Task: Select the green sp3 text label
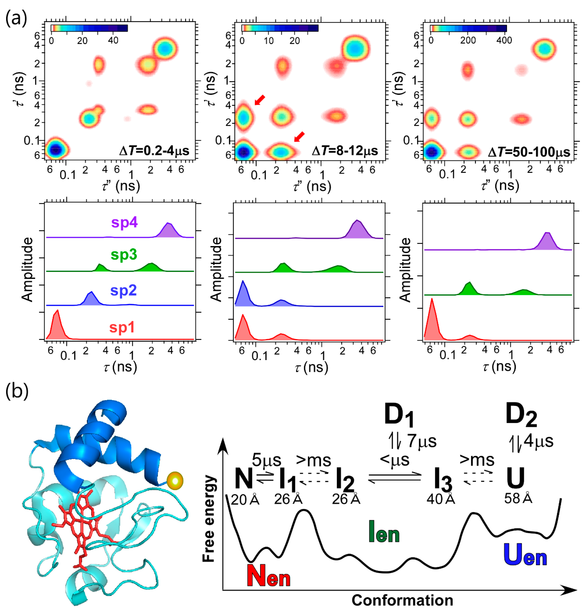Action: click(x=124, y=255)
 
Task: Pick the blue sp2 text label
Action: click(x=123, y=290)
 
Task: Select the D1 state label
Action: click(x=399, y=415)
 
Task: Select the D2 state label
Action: click(x=521, y=415)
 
